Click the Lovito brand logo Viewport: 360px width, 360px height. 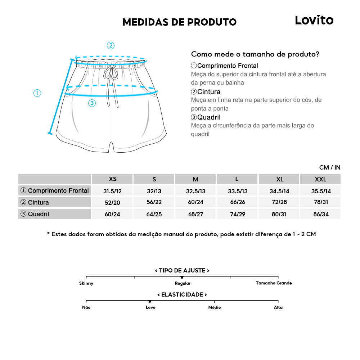(x=314, y=20)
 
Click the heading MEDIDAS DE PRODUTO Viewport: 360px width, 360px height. (x=179, y=22)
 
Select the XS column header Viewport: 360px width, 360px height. (x=113, y=179)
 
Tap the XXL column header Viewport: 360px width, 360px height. (x=320, y=179)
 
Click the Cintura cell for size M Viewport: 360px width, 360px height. (x=195, y=202)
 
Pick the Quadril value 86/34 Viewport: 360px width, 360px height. (x=320, y=214)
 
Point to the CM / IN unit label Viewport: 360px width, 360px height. (x=329, y=167)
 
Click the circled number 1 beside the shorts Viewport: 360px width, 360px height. (x=37, y=93)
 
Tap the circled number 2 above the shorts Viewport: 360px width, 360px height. (x=111, y=45)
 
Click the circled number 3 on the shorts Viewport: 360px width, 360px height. (x=92, y=103)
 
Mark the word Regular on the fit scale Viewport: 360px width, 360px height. (x=183, y=283)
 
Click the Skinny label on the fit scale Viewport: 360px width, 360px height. (x=86, y=283)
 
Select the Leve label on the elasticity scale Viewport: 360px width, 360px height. (x=150, y=307)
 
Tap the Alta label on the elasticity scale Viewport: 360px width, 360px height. (x=278, y=307)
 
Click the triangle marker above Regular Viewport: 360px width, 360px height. (x=182, y=278)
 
